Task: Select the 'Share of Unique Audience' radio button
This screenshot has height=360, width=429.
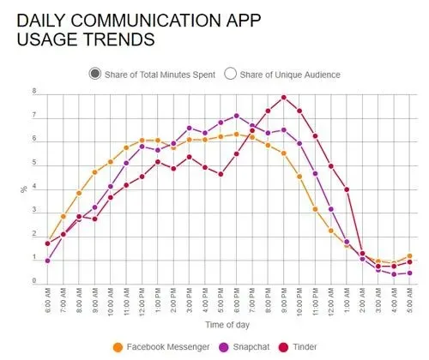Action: coord(230,74)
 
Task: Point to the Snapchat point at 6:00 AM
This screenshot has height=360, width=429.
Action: coord(47,261)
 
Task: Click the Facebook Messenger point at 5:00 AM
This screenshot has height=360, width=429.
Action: coord(411,255)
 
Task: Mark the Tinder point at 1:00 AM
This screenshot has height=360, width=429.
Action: coord(347,189)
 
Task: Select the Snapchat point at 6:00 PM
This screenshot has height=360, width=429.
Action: coord(237,116)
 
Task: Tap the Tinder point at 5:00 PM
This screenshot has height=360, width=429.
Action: coord(221,174)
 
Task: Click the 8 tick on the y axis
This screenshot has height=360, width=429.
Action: coord(34,92)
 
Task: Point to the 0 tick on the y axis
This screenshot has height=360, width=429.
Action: coord(34,281)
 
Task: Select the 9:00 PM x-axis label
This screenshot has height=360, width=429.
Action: coord(284,302)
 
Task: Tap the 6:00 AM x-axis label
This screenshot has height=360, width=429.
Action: coord(47,302)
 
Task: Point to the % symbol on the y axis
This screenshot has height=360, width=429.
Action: coord(24,189)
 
